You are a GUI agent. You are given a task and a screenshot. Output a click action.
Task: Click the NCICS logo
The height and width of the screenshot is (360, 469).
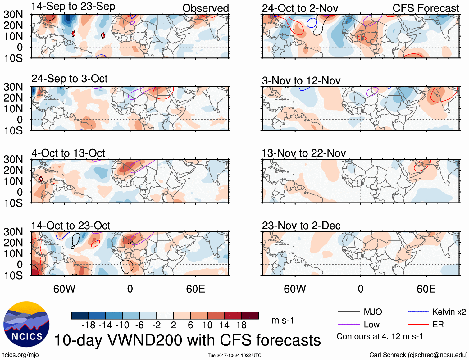click(26, 324)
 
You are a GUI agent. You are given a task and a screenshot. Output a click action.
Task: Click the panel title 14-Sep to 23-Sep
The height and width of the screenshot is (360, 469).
click(73, 7)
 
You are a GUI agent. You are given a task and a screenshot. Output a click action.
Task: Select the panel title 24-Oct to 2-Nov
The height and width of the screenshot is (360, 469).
click(300, 8)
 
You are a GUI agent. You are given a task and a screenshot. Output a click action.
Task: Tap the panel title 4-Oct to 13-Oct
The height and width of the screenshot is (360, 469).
click(68, 153)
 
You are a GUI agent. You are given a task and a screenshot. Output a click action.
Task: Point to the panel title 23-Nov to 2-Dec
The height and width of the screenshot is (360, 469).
click(301, 226)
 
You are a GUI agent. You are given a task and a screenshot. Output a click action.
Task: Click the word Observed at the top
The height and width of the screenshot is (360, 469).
click(205, 8)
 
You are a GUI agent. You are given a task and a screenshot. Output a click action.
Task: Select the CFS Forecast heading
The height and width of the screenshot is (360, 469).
click(426, 8)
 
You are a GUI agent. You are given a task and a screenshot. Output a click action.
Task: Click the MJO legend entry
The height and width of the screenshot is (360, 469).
click(372, 312)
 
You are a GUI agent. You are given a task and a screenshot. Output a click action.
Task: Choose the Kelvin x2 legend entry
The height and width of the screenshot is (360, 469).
click(449, 312)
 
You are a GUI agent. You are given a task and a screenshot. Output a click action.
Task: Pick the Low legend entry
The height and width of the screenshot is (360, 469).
click(371, 325)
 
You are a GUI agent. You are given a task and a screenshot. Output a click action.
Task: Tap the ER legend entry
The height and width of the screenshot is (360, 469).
click(438, 325)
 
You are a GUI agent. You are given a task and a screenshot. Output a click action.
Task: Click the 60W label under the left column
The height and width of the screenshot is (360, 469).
click(64, 289)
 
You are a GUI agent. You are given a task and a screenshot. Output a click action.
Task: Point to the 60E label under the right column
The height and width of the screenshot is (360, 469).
click(426, 289)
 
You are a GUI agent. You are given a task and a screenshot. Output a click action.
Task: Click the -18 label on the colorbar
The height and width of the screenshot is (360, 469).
click(88, 325)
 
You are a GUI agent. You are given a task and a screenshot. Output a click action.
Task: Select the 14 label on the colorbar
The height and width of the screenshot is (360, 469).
click(224, 325)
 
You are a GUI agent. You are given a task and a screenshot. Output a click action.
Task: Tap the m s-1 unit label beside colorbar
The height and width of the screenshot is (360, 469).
click(283, 320)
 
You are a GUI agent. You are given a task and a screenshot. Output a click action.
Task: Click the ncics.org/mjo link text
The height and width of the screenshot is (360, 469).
click(20, 355)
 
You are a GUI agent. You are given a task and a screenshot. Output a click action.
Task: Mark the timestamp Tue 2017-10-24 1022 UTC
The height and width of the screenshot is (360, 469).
click(234, 355)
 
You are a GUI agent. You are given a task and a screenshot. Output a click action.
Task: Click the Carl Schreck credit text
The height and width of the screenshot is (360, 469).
click(418, 355)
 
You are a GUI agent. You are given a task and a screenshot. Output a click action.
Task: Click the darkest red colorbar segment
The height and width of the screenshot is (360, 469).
click(250, 316)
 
